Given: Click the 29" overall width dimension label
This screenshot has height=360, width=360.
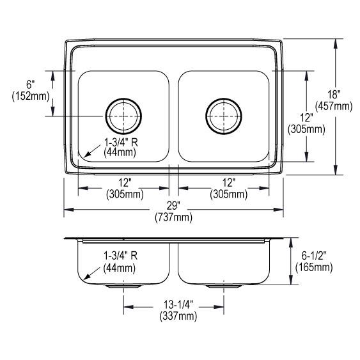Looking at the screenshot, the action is point(173,206).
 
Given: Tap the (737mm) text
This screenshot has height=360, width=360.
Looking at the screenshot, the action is point(173,217).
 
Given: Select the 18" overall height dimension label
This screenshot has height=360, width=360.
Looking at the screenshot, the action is point(334,95).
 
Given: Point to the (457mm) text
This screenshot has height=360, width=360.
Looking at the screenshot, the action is point(334,106).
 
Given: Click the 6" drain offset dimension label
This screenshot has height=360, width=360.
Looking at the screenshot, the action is point(31,84).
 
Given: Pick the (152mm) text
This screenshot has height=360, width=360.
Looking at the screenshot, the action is point(31,96).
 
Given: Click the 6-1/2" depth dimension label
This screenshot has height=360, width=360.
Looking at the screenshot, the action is point(314,256).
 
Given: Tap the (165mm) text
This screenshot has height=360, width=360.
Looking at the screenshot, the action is point(314,267).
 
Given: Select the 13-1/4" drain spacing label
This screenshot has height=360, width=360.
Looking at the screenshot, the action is point(178,305).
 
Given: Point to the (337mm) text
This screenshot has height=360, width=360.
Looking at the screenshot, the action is point(178,316).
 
